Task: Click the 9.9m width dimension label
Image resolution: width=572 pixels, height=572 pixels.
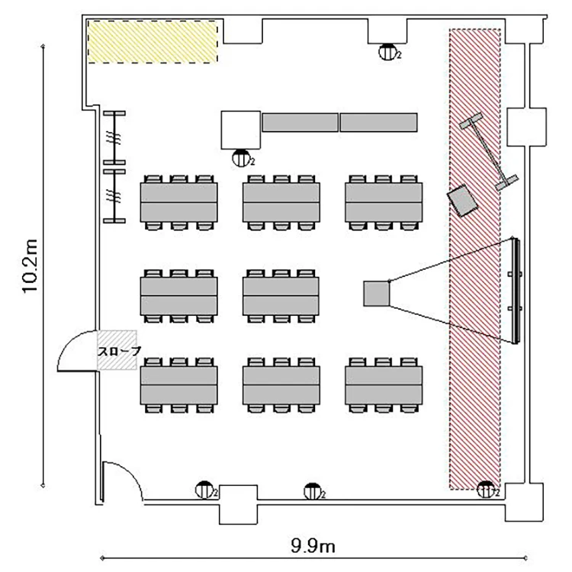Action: click(313, 545)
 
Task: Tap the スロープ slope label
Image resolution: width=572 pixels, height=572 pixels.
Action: click(117, 352)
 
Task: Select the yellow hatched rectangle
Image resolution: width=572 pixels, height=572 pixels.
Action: click(153, 42)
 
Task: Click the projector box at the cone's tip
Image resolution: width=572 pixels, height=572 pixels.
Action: click(375, 294)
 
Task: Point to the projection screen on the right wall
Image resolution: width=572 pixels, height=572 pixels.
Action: click(516, 291)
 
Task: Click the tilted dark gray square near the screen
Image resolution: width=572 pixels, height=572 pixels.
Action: click(462, 201)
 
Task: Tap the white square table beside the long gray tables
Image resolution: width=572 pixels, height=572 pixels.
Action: click(241, 130)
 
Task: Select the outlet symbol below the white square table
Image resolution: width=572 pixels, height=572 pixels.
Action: click(242, 159)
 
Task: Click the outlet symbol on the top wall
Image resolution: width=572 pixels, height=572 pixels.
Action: click(388, 52)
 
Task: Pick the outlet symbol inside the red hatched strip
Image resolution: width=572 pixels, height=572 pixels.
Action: click(484, 490)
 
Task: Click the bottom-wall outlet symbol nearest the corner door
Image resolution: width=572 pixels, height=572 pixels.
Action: click(204, 490)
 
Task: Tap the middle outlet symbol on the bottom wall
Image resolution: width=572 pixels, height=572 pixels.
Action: click(311, 490)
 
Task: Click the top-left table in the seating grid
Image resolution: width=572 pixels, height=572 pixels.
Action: click(179, 202)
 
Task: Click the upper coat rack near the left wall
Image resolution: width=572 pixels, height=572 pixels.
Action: click(115, 137)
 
